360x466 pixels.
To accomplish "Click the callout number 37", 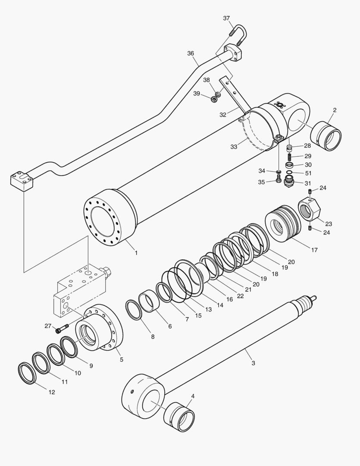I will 227,18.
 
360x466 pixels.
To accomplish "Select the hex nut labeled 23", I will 309,209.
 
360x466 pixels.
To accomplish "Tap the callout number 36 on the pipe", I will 191,54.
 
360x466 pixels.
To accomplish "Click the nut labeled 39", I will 214,100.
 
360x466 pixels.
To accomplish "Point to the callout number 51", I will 308,173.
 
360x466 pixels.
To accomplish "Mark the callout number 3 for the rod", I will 253,363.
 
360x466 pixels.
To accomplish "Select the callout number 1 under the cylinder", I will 136,253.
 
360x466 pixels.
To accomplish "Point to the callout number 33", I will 234,147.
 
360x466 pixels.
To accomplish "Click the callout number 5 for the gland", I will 121,359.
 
